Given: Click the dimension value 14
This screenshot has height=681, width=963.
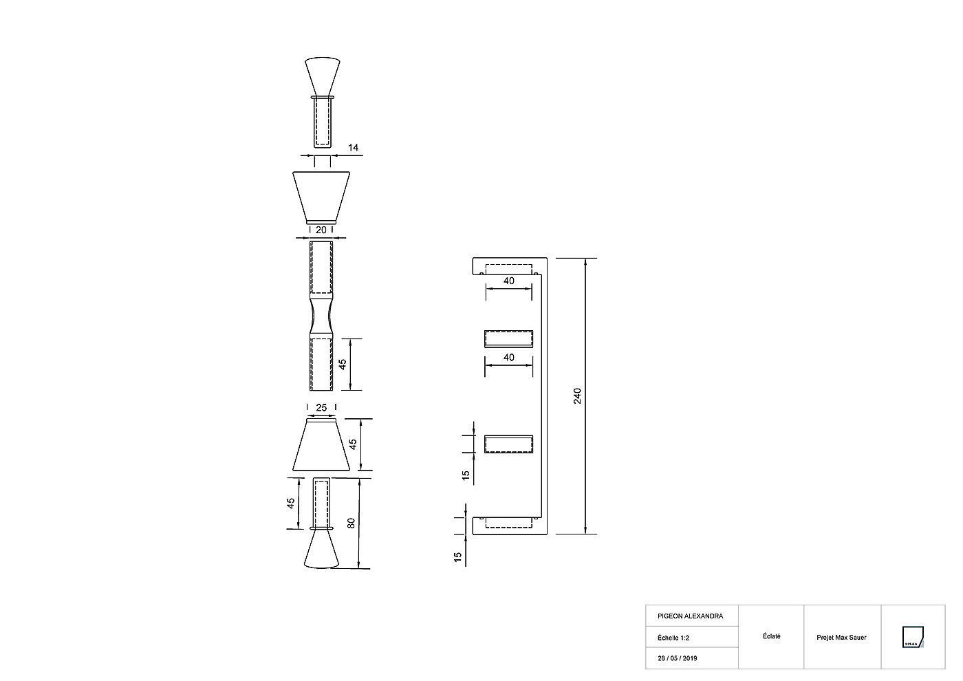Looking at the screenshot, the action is (353, 147).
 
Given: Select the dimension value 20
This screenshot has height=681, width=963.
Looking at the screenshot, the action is (321, 230).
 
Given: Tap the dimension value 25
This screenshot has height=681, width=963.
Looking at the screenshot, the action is (321, 407).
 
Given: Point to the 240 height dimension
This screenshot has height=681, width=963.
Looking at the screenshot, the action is (577, 396).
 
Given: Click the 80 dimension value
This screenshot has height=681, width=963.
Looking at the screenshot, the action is (351, 523).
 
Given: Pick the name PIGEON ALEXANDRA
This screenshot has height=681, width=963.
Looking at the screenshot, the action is (690, 616).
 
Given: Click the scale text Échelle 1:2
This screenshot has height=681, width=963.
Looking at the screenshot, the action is (673, 638).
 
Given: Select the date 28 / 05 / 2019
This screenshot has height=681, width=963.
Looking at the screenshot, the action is (677, 658).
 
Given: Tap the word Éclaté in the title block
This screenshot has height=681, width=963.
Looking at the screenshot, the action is (771, 636).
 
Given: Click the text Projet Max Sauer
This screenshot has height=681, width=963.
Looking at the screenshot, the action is (841, 638).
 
